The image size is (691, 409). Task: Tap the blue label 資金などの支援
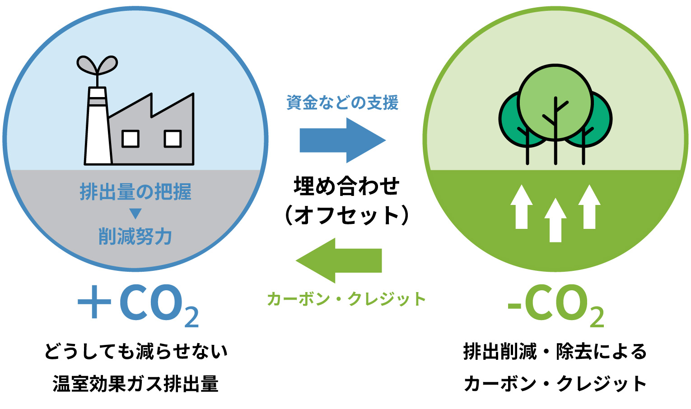(342, 103)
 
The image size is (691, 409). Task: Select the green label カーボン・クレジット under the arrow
(346, 299)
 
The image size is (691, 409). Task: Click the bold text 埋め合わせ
(346, 186)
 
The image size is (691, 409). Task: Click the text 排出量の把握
(135, 192)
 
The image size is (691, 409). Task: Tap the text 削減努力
(135, 237)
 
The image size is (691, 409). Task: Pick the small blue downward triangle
(135, 213)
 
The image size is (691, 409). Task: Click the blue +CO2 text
(138, 305)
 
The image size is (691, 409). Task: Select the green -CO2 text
(556, 305)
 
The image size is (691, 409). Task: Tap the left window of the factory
(131, 139)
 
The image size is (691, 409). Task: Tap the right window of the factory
(173, 139)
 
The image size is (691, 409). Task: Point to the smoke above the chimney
(97, 65)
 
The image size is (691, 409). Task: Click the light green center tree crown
(555, 102)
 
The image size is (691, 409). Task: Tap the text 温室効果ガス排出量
(135, 384)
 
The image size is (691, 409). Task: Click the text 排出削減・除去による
(555, 352)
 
